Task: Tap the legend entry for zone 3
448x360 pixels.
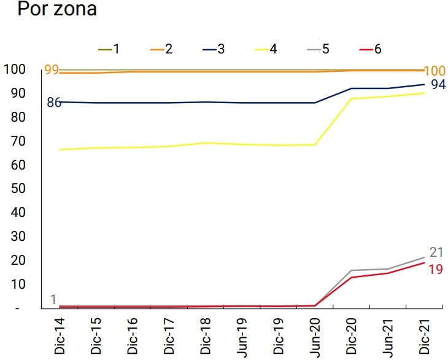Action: pyautogui.click(x=214, y=49)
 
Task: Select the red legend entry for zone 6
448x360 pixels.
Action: pyautogui.click(x=372, y=49)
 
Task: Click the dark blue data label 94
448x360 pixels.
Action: pyautogui.click(x=438, y=85)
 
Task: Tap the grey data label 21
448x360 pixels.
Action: pyautogui.click(x=436, y=252)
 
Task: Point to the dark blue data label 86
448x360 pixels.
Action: pyautogui.click(x=54, y=103)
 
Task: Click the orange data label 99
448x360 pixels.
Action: pyautogui.click(x=52, y=69)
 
